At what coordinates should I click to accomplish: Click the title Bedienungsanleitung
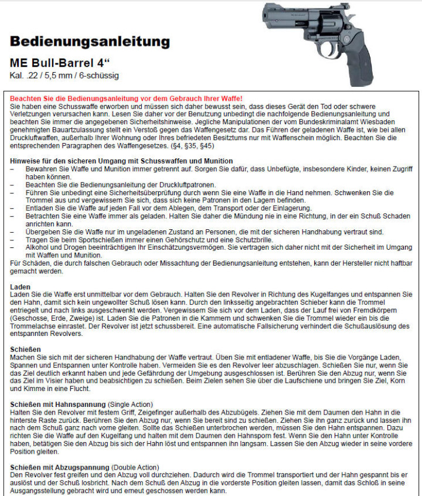click(90, 42)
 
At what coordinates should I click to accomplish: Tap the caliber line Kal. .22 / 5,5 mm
click(64, 76)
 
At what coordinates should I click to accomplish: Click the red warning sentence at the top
click(126, 98)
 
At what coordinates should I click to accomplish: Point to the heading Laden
click(21, 286)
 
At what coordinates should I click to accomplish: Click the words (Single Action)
click(130, 405)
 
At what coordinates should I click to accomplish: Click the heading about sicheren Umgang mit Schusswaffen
click(121, 161)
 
